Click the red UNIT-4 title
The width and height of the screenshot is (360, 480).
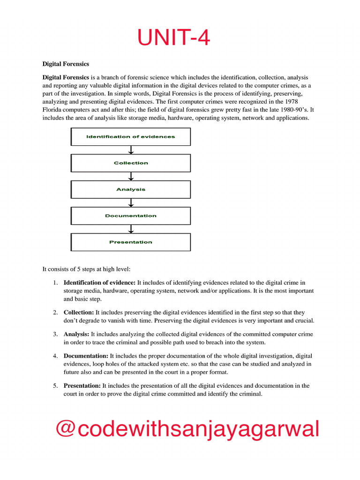[x=173, y=37]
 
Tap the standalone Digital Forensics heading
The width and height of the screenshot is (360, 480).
[x=66, y=63]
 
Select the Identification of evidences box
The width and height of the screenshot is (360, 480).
[x=131, y=137]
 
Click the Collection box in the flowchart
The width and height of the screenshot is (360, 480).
[x=131, y=163]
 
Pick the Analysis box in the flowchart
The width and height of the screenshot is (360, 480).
[x=131, y=189]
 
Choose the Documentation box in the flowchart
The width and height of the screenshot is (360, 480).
[x=131, y=216]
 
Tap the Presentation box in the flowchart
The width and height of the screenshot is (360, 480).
[x=131, y=242]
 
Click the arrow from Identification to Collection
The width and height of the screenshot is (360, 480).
[x=131, y=150]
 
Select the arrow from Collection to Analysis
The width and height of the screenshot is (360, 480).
[x=131, y=176]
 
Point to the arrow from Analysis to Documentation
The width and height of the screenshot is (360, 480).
[x=131, y=202]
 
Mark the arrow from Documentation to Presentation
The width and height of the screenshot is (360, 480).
[x=131, y=229]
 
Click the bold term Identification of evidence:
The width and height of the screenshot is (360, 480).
[x=99, y=283]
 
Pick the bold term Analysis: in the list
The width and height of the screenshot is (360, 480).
[x=76, y=334]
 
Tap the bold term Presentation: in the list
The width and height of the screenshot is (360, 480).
[x=82, y=386]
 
